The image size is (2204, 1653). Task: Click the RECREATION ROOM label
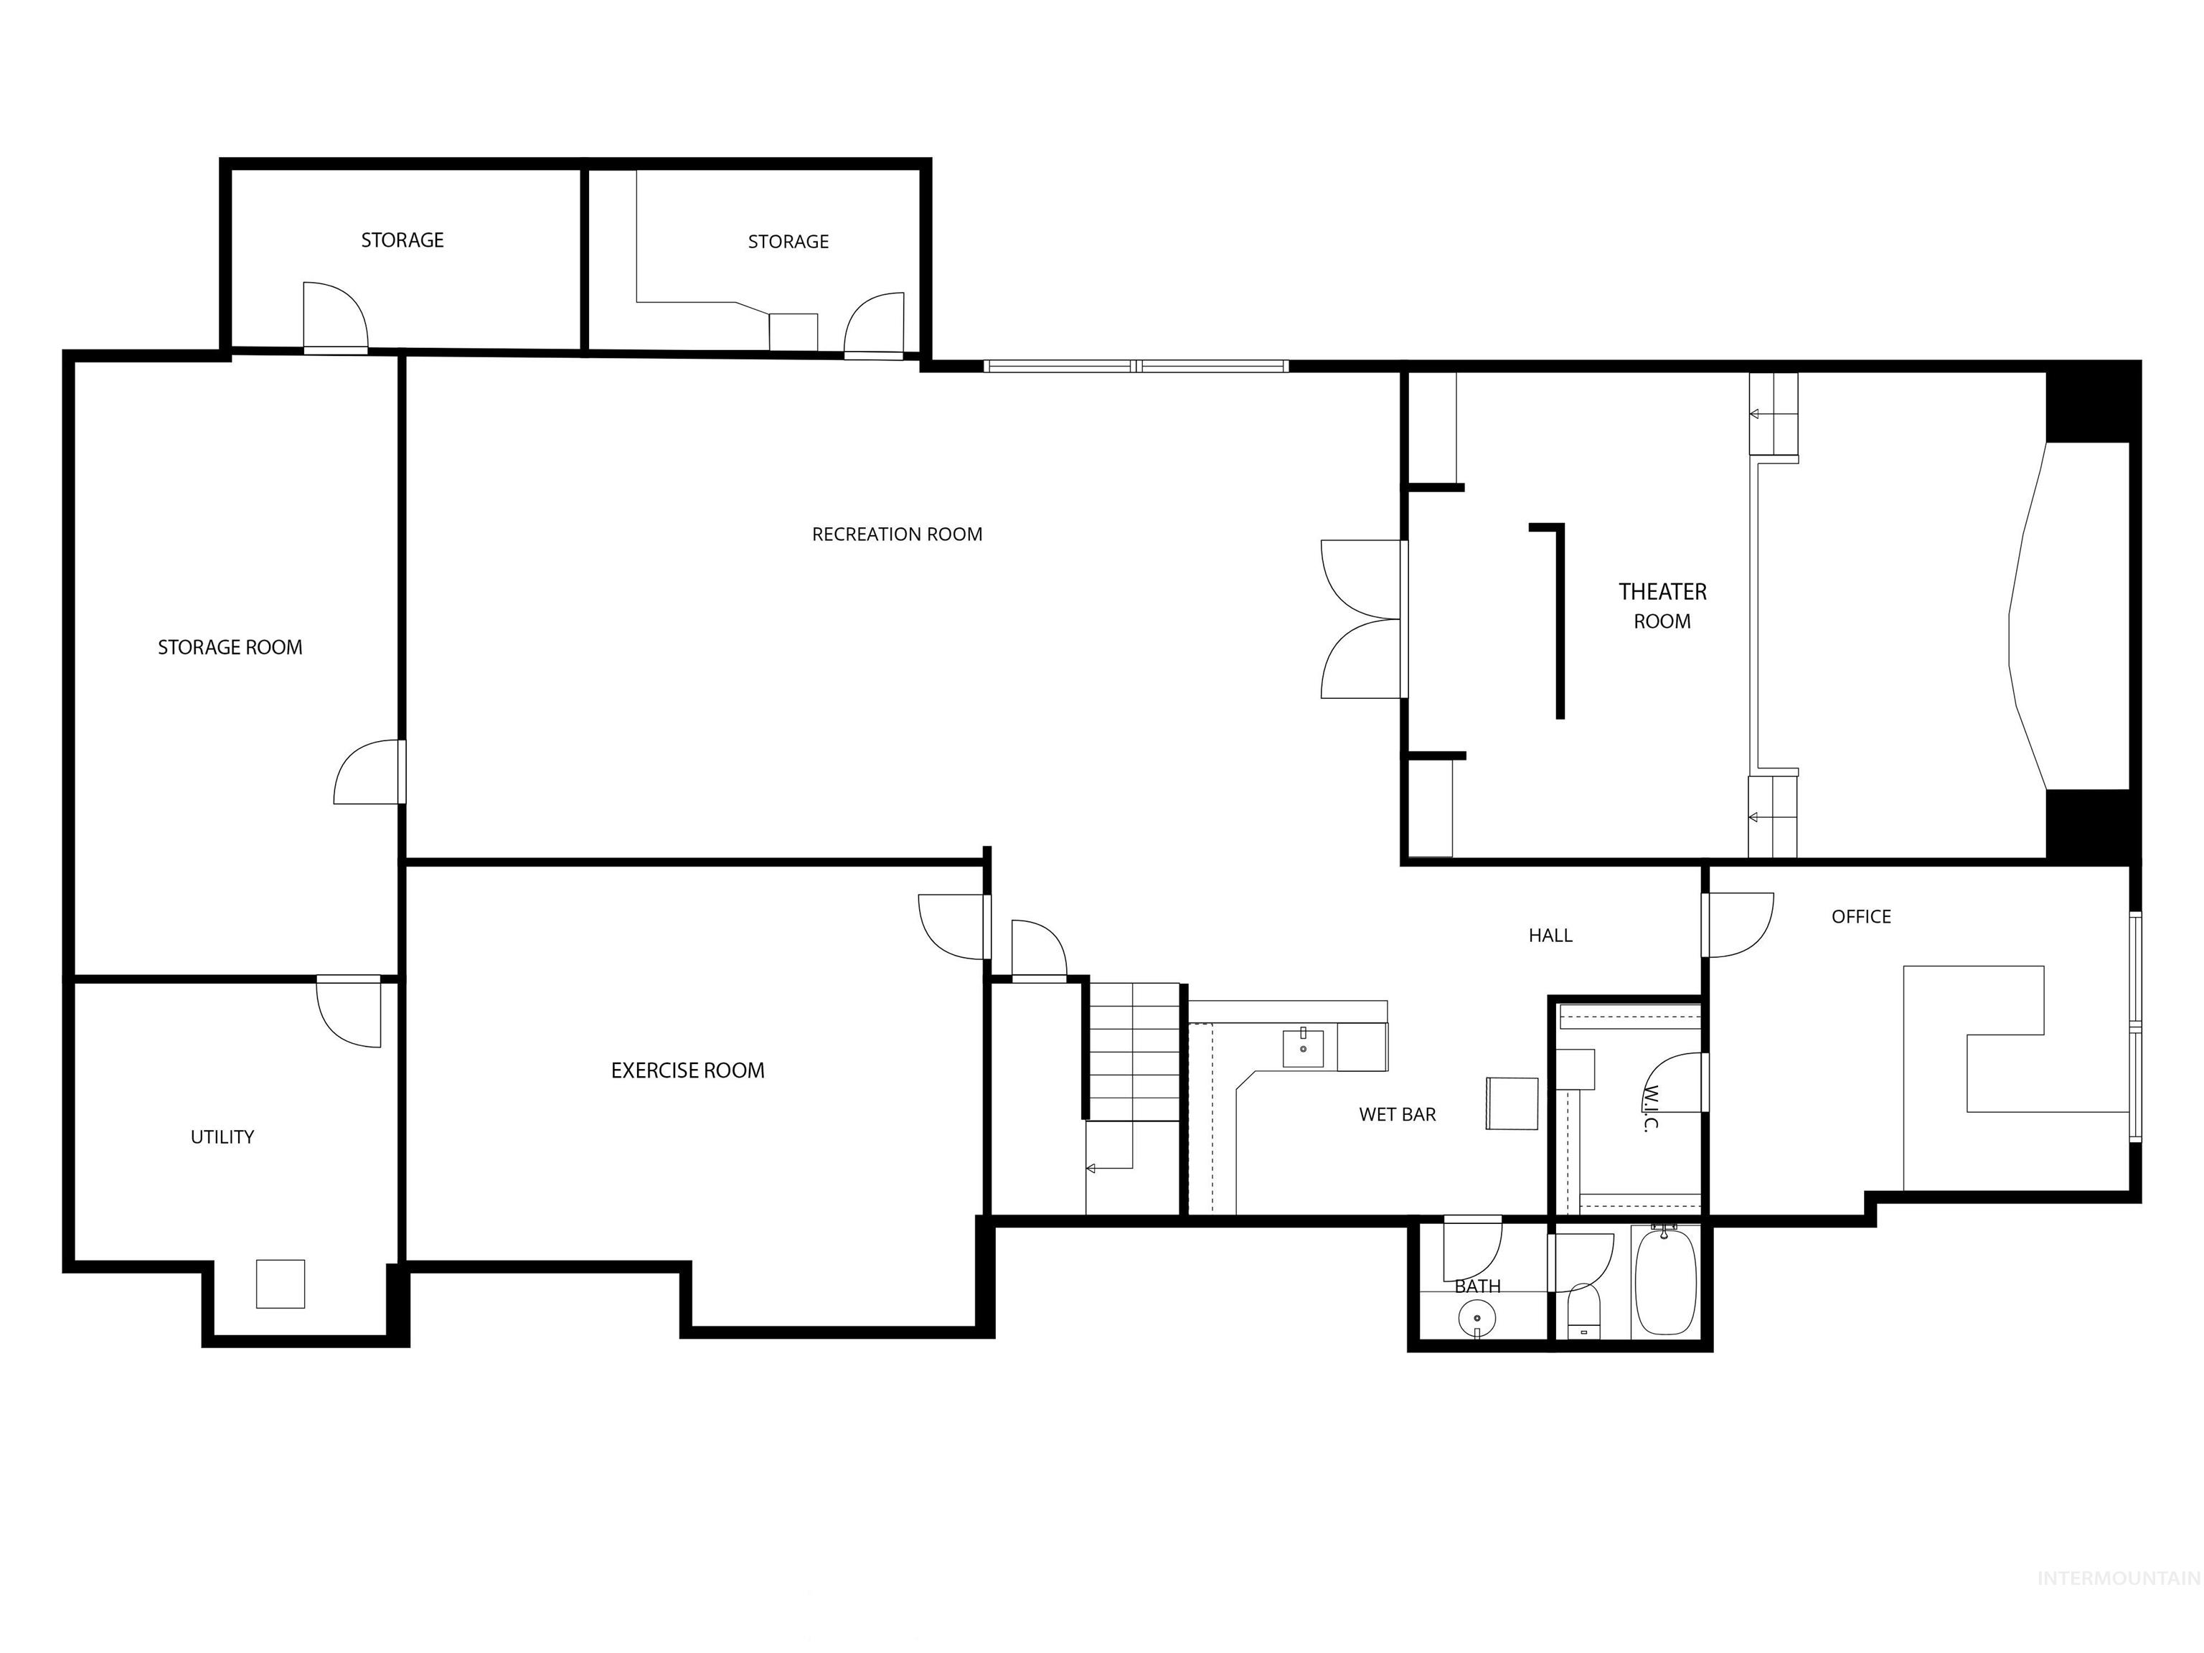coord(897,534)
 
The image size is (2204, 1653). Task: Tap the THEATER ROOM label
coord(1662,606)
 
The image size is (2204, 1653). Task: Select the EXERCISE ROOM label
coord(687,1070)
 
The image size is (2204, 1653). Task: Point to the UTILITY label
coord(222,1137)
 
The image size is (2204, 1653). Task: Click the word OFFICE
coord(1860,917)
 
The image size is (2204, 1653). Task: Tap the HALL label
coord(1550,936)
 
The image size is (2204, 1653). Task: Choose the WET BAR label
coord(1397,1115)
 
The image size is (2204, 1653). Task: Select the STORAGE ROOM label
coord(230,648)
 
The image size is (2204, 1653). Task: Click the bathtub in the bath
coord(1665,1282)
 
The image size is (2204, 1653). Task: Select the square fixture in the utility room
coord(280,1284)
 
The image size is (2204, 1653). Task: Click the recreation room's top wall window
coord(1136,367)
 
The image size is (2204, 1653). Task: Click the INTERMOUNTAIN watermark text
coord(2117,1606)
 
